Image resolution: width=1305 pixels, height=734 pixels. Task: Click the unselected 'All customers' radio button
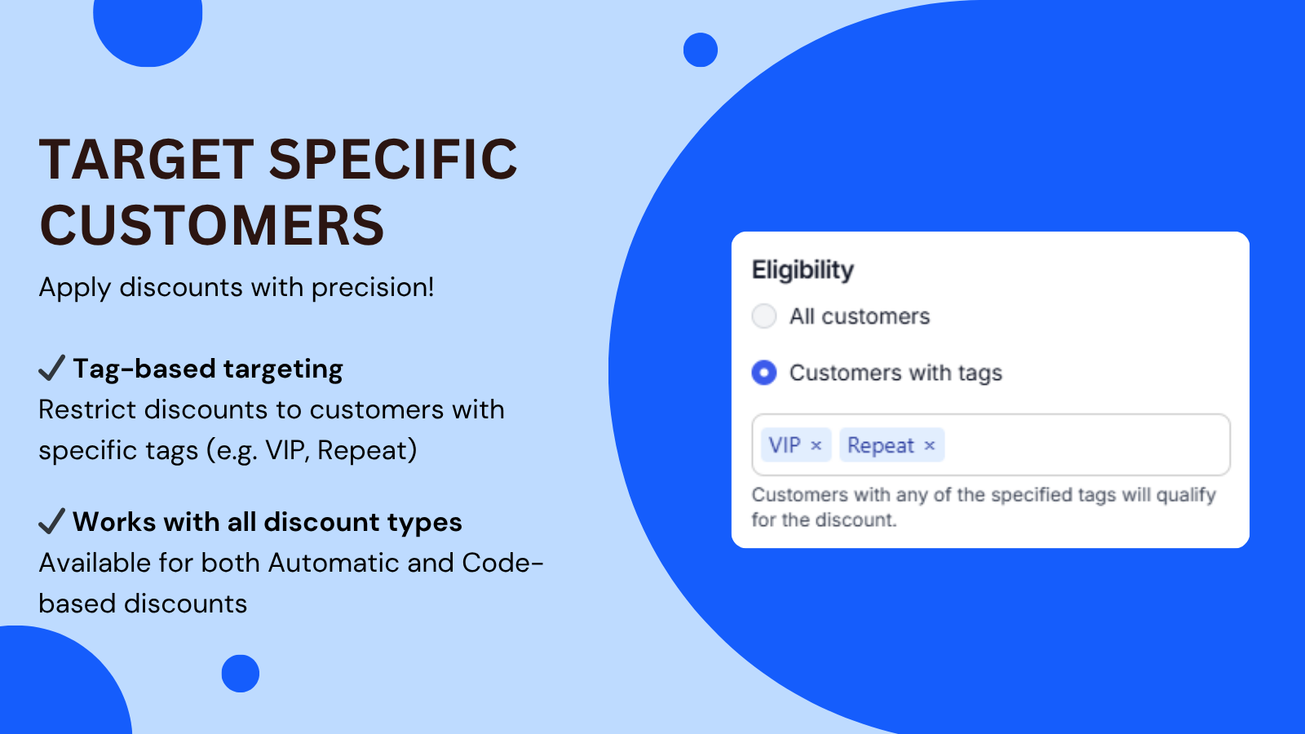point(763,316)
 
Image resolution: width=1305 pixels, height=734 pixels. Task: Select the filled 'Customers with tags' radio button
point(763,373)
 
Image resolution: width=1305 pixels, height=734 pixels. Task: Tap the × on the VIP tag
point(816,445)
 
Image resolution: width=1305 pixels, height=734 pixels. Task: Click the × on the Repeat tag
point(929,445)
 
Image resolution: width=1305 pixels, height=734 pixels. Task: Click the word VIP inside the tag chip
point(784,445)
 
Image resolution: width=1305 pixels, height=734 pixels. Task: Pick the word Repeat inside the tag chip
point(880,445)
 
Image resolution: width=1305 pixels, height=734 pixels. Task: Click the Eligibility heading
point(803,270)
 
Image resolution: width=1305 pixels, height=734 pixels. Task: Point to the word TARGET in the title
point(146,159)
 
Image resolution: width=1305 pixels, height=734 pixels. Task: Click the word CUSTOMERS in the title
point(211,225)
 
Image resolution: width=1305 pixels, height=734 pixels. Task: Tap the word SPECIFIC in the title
point(392,159)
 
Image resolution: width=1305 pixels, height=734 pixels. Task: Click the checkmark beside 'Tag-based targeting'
point(51,368)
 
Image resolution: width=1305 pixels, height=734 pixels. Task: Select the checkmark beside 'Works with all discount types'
point(51,521)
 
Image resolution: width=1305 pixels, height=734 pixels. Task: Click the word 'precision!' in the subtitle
point(372,288)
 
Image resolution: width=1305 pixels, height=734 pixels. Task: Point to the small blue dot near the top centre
point(701,50)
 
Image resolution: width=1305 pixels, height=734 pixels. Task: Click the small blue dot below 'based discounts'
point(240,674)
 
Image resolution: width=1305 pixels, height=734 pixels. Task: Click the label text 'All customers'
point(860,316)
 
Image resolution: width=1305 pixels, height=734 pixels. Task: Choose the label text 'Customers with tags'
point(896,373)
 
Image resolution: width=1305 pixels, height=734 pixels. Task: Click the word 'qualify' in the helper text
point(1186,495)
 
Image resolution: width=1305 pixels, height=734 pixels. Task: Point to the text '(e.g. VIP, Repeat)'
point(312,450)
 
